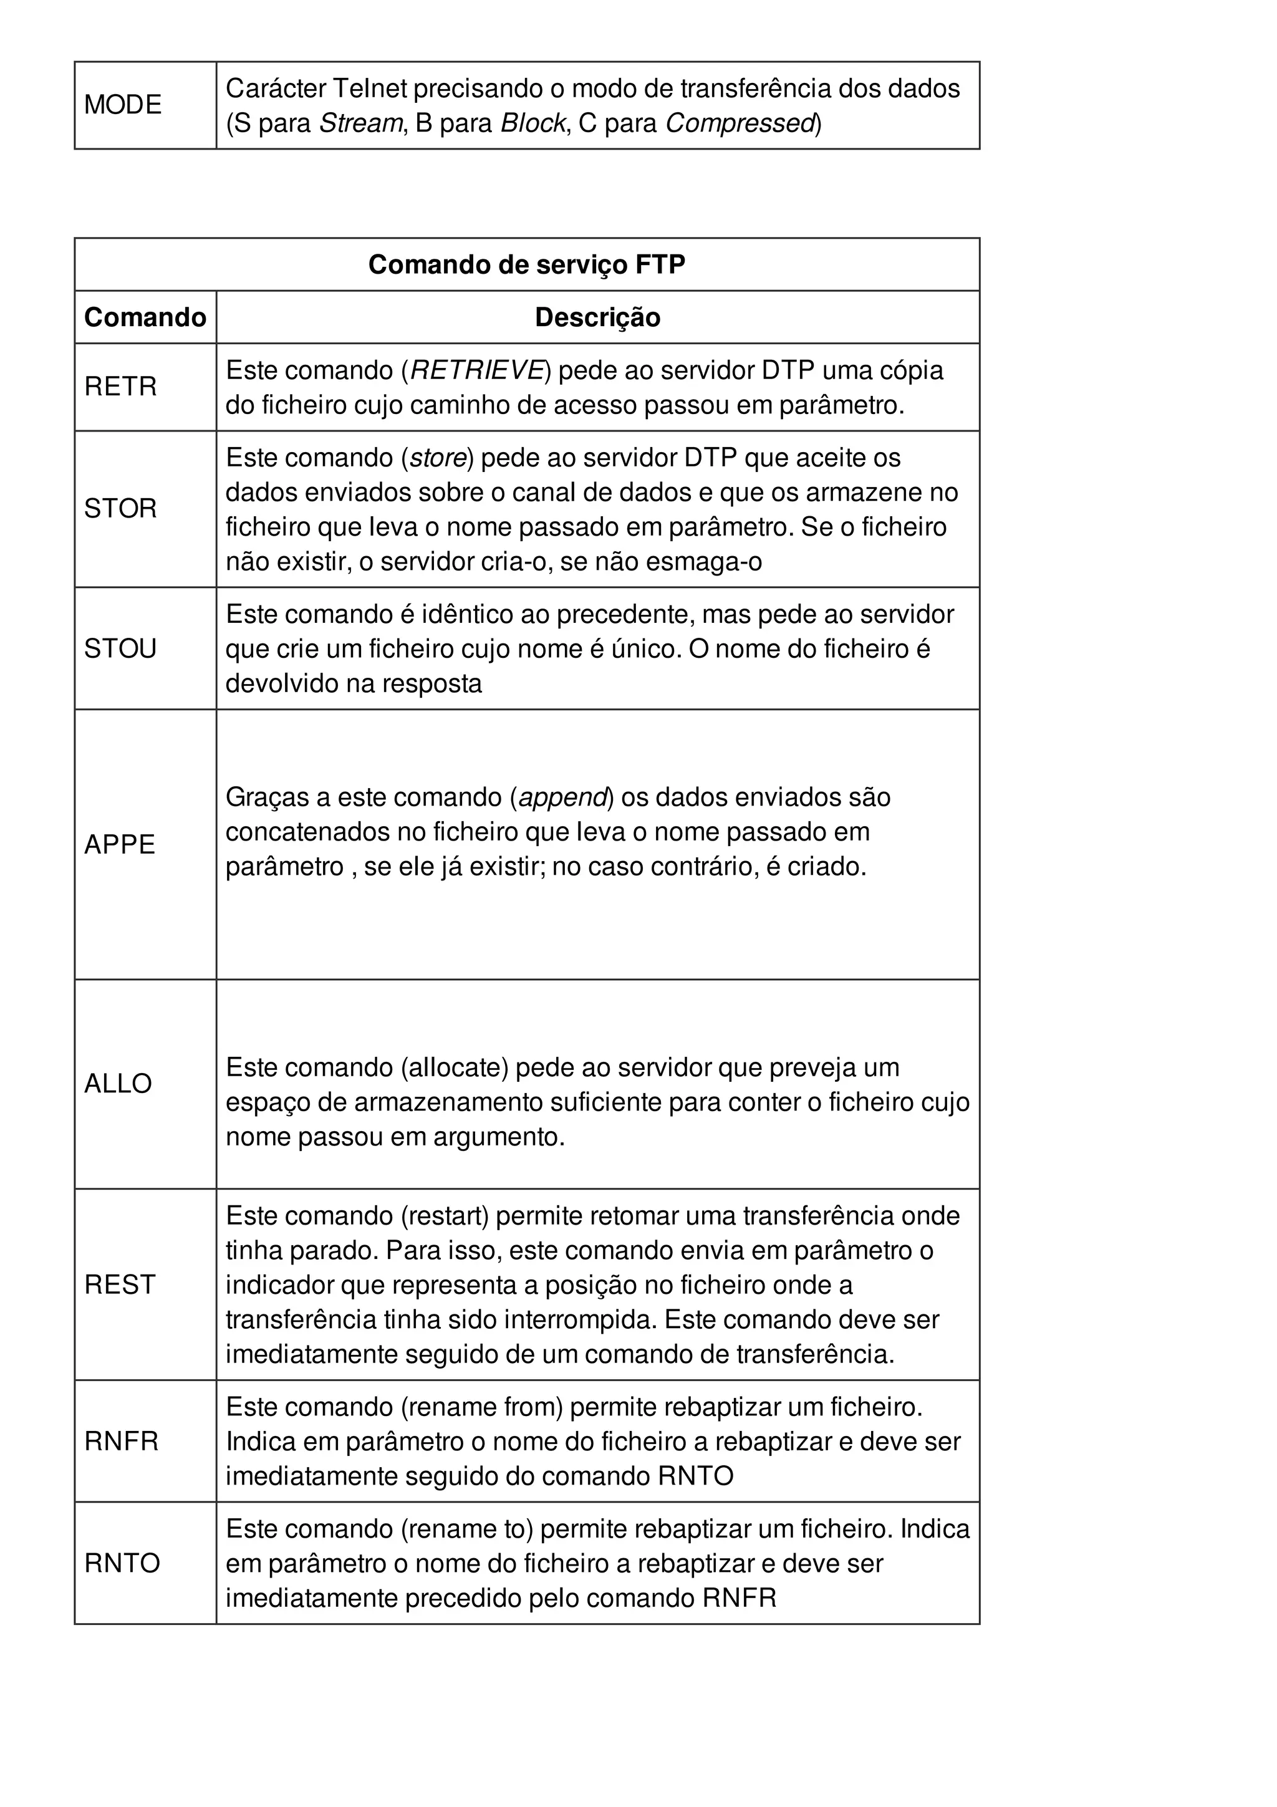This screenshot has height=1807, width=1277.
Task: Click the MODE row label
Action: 123,105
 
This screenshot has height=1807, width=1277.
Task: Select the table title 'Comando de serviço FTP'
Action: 526,264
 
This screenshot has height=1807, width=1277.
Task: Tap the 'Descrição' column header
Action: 597,317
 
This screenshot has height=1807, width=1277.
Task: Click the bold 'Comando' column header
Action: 145,317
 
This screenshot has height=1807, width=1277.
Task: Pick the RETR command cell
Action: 120,387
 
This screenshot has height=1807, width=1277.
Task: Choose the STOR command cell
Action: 120,508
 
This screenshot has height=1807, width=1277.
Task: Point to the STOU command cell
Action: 120,648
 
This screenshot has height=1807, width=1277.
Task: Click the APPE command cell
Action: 120,844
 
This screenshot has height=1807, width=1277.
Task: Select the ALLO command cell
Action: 118,1084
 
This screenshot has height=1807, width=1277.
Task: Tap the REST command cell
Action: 120,1284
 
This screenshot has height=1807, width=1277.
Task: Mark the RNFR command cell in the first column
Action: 121,1441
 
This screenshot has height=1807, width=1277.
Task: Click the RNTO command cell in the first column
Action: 122,1562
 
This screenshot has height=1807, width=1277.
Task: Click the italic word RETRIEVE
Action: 477,370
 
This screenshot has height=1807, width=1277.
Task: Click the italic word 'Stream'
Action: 360,123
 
